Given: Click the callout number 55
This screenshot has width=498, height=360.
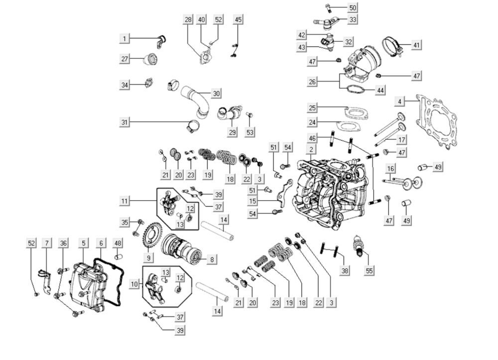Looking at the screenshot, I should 369,270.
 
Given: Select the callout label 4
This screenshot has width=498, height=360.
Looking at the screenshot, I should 399,102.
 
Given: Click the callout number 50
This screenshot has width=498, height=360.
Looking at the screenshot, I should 353,7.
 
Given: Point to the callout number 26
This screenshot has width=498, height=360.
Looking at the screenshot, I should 312,82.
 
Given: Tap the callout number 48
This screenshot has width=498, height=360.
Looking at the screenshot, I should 118,243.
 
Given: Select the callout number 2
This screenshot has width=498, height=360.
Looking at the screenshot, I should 311,149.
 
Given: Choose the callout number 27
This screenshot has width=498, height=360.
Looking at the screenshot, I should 124,59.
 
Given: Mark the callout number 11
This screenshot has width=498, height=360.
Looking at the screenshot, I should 125,201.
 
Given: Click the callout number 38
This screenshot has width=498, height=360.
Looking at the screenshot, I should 345,270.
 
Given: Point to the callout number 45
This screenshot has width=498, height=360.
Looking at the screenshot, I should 239,19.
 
